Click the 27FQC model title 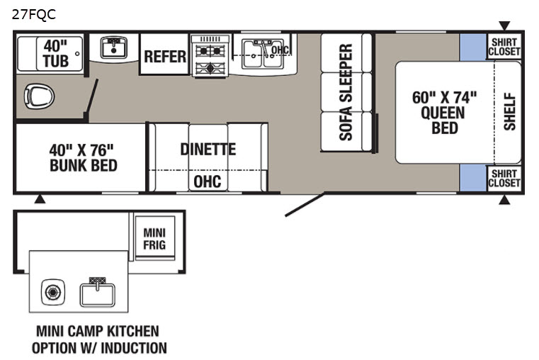pyautogui.click(x=34, y=14)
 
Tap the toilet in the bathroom pyautogui.click(x=39, y=96)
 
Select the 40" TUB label pyautogui.click(x=55, y=53)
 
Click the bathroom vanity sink pyautogui.click(x=114, y=47)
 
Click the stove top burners pyautogui.click(x=210, y=57)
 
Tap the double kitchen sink pyautogui.click(x=263, y=55)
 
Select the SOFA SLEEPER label pyautogui.click(x=346, y=92)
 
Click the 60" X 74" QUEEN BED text pyautogui.click(x=444, y=113)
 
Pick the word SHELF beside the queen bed pyautogui.click(x=510, y=111)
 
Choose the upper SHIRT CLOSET pyautogui.click(x=504, y=47)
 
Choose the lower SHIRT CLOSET pyautogui.click(x=504, y=178)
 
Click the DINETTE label pyautogui.click(x=208, y=150)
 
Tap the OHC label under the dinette pyautogui.click(x=208, y=181)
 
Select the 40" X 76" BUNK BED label pyautogui.click(x=83, y=157)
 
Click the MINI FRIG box pyautogui.click(x=154, y=238)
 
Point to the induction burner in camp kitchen pyautogui.click(x=53, y=292)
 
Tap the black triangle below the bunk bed pyautogui.click(x=40, y=199)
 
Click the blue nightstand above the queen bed pyautogui.click(x=473, y=47)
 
